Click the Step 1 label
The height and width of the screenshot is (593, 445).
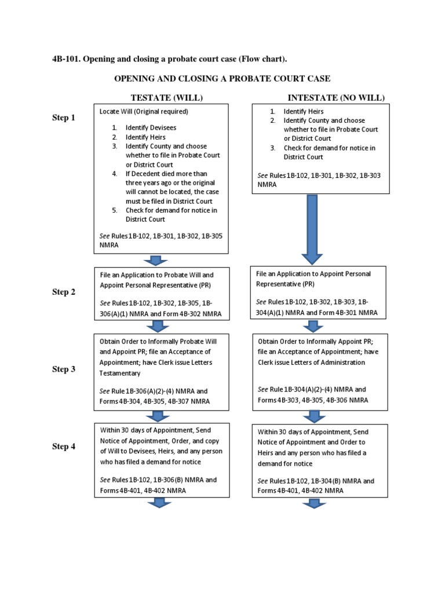(x=64, y=118)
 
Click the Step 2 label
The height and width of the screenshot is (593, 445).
(x=64, y=292)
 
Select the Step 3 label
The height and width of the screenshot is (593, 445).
(x=64, y=369)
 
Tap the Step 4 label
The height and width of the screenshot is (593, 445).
(x=64, y=446)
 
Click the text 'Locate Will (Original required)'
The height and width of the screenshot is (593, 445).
(x=144, y=111)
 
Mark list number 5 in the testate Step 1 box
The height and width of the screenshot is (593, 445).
(x=115, y=210)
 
